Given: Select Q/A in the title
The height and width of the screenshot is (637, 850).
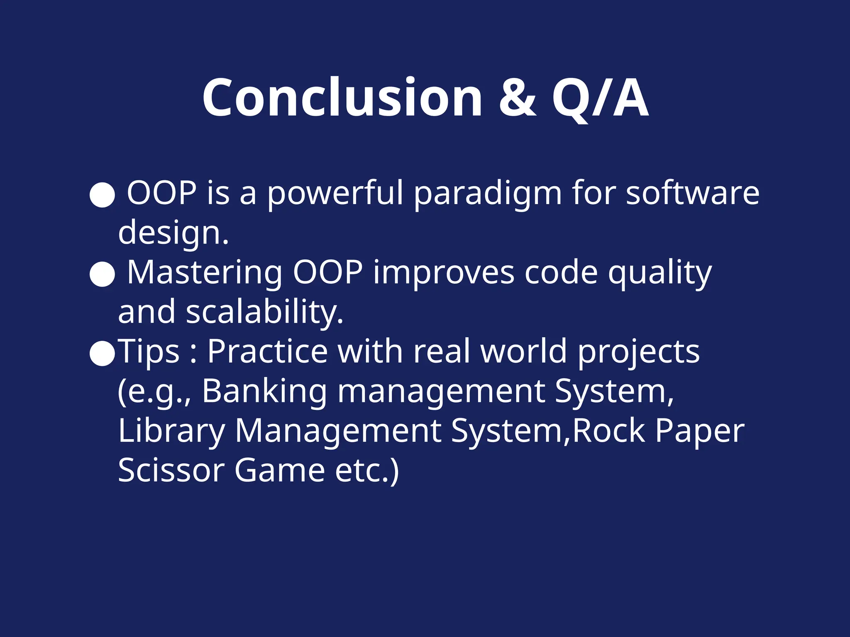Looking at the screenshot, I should pyautogui.click(x=600, y=99).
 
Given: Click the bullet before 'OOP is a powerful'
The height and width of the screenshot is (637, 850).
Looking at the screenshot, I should pyautogui.click(x=102, y=195).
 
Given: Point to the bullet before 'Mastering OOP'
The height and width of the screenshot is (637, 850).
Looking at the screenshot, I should pyautogui.click(x=102, y=274).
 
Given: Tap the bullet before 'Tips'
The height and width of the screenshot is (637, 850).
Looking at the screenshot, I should pyautogui.click(x=102, y=353).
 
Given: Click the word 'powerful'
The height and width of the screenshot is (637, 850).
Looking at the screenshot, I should pyautogui.click(x=335, y=193).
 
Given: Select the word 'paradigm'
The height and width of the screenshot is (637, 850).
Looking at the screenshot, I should pyautogui.click(x=488, y=193).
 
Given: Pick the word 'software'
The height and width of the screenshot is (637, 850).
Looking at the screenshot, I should pyautogui.click(x=692, y=193).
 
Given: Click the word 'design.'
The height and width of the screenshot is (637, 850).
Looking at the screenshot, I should pyautogui.click(x=173, y=233).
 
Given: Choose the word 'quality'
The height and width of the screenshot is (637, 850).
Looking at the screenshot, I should pyautogui.click(x=660, y=273).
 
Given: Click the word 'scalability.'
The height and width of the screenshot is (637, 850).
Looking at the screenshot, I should pyautogui.click(x=265, y=312).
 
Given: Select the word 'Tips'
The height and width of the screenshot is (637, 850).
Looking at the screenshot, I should pyautogui.click(x=149, y=352).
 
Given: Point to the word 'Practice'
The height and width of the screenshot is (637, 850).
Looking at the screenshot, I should pyautogui.click(x=268, y=352).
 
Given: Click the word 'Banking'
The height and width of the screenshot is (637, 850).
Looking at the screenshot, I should pyautogui.click(x=265, y=391).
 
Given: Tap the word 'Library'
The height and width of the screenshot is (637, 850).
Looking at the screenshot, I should pyautogui.click(x=171, y=431).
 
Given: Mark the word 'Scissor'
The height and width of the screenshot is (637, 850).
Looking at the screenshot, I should pyautogui.click(x=171, y=470).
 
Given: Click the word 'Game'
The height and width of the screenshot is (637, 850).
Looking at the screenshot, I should pyautogui.click(x=279, y=470).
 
